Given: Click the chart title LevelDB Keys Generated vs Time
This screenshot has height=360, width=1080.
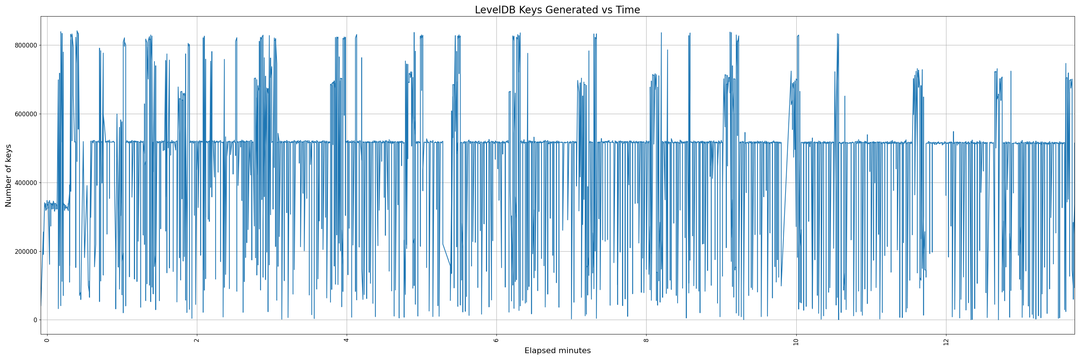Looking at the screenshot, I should coord(557,10).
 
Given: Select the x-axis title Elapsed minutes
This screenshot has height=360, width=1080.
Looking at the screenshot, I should coord(557,351).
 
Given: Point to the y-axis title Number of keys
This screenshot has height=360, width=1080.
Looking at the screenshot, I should coord(8,176).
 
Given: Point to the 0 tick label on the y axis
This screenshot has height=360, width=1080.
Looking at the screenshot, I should coord(35,320).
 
